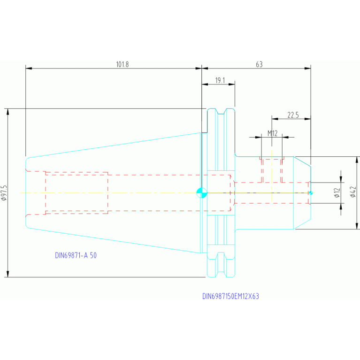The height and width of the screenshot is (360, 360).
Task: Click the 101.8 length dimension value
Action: click(x=123, y=64)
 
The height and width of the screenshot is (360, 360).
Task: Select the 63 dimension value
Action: click(x=259, y=64)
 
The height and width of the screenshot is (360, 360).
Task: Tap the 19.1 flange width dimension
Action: click(x=220, y=81)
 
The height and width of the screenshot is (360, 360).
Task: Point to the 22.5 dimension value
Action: click(x=293, y=115)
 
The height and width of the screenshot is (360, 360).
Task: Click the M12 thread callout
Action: click(x=273, y=133)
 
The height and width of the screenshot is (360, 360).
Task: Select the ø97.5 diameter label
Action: click(x=4, y=193)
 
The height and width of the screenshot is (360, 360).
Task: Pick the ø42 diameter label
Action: click(x=353, y=192)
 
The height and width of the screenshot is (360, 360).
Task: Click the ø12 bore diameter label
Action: click(x=337, y=193)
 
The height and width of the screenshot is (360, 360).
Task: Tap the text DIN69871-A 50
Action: click(x=76, y=255)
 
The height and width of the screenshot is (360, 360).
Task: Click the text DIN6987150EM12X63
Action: click(x=230, y=296)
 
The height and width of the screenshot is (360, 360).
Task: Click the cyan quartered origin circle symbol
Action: click(x=202, y=193)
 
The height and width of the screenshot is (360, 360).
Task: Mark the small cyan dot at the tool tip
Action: click(x=311, y=193)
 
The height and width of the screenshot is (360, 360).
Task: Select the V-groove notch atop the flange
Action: click(x=221, y=111)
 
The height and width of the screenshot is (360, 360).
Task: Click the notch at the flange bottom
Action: click(x=221, y=256)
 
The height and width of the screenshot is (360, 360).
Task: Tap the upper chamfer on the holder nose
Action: click(x=302, y=161)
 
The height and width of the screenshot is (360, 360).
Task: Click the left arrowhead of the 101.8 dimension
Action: click(x=29, y=68)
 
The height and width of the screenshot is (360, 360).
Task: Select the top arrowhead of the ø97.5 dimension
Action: click(x=8, y=112)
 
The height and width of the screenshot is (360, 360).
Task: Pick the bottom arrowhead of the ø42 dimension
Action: click(x=357, y=226)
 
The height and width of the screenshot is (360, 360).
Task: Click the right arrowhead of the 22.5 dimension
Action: click(x=307, y=119)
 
